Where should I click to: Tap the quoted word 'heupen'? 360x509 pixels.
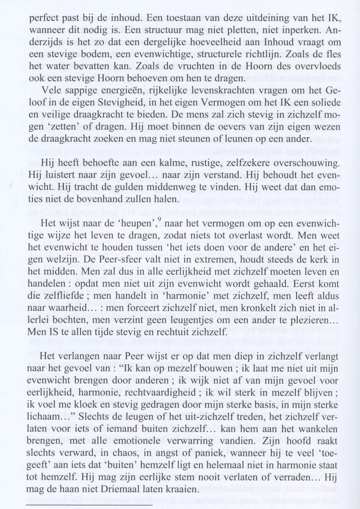tap(142, 224)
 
